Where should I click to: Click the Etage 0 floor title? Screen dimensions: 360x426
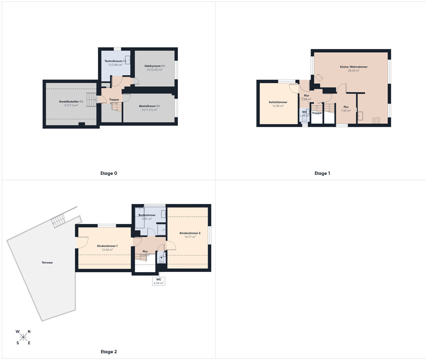point(109,173)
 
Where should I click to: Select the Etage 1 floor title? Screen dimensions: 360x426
point(322,173)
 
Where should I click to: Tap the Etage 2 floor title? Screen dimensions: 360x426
point(109,352)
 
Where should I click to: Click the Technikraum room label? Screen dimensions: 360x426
point(113,61)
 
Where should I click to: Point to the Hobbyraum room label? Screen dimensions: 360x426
point(153,66)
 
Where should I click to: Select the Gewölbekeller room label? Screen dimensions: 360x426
point(69,102)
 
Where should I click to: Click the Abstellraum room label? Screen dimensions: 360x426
point(147,106)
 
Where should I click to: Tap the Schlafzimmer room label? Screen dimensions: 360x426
point(278,102)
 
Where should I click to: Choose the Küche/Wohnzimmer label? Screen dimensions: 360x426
point(354,67)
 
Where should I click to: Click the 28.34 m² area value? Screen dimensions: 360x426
point(354,71)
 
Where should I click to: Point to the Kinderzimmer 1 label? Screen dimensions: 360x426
point(107,246)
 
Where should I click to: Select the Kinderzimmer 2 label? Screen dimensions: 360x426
point(190,233)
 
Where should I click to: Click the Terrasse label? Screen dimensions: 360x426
point(47,263)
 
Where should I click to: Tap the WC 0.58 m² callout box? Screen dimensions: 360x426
point(158,281)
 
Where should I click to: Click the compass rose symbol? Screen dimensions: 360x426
point(23,337)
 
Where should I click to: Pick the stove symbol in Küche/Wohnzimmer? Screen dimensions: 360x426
point(376,120)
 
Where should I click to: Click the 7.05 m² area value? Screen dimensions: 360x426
point(346,111)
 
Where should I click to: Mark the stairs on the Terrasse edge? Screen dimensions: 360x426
point(58,221)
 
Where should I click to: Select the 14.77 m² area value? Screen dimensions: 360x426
point(190,237)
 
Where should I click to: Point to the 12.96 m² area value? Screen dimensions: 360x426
point(278,106)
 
